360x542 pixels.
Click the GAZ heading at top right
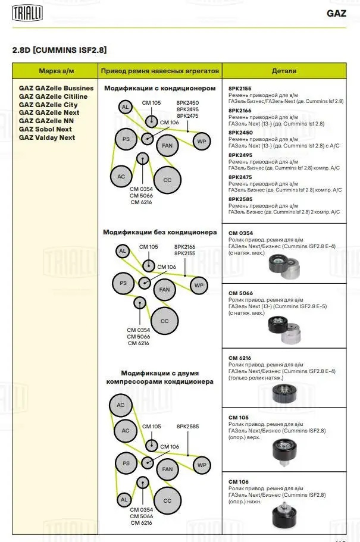[x=336, y=13]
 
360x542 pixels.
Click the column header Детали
[x=284, y=71]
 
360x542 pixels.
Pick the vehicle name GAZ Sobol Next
[x=45, y=129]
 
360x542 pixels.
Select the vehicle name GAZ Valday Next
[x=47, y=137]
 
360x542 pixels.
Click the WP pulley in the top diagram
[x=201, y=142]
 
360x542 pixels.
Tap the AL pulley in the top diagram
[x=124, y=108]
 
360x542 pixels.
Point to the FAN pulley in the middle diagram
[x=164, y=290]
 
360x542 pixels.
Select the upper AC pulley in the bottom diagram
[x=121, y=405]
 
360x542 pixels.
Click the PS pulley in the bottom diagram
[x=126, y=463]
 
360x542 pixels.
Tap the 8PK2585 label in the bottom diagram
[x=187, y=427]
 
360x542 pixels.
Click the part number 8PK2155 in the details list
[x=240, y=88]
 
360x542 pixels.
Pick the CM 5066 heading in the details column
[x=240, y=293]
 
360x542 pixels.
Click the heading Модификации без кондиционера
[x=160, y=232]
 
